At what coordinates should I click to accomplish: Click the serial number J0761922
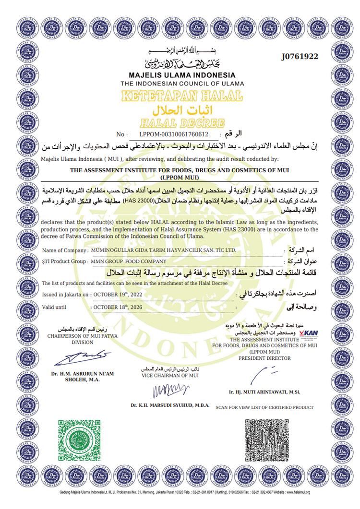[300, 57]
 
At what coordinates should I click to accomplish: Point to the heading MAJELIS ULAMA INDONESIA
[182, 75]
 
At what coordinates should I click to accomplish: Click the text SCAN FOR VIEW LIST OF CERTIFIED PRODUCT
[264, 407]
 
